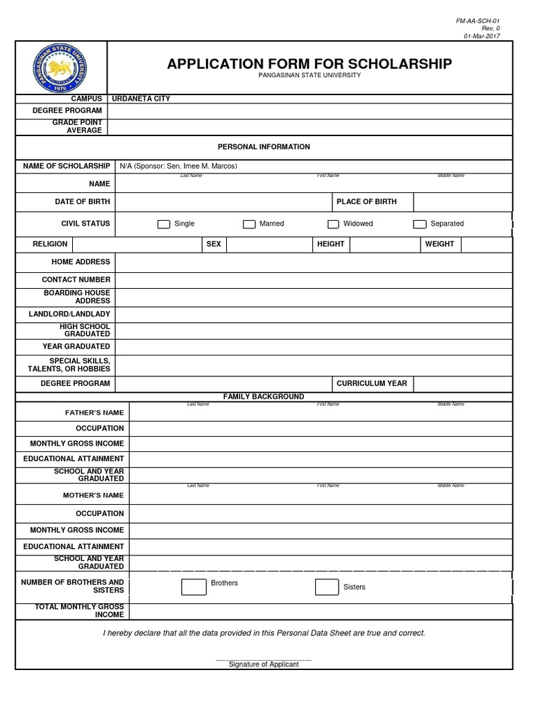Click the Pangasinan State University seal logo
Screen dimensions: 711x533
pos(62,67)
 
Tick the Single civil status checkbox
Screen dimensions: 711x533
pos(164,224)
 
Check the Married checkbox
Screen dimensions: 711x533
pos(249,224)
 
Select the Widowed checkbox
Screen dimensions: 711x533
pos(333,224)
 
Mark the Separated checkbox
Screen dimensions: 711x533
pos(419,224)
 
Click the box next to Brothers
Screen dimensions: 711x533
pos(194,587)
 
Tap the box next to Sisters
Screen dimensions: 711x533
pos(327,587)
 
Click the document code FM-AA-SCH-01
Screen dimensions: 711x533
pos(477,21)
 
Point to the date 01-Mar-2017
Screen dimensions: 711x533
pos(482,36)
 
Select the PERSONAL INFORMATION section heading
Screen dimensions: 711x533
pos(264,147)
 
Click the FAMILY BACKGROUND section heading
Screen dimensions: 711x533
pos(264,396)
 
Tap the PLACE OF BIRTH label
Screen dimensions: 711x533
pos(366,202)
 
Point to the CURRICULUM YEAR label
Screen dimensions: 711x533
pos(371,383)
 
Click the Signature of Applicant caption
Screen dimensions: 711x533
pos(264,664)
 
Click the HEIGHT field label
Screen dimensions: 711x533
pos(330,244)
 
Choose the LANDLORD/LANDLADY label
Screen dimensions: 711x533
pos(69,315)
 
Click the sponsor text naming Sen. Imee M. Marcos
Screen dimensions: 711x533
pos(178,166)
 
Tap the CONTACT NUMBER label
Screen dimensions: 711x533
pos(76,280)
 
